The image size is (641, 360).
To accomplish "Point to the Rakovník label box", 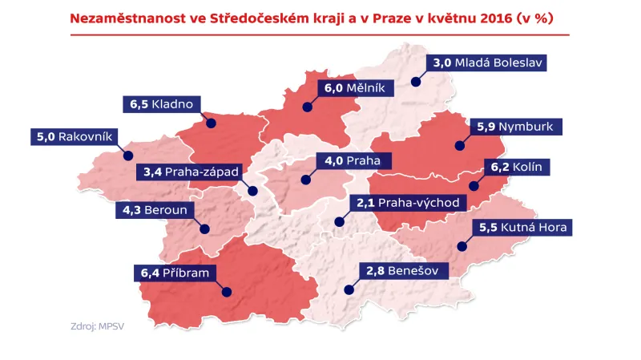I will click(72, 137).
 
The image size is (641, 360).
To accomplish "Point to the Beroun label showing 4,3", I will click(155, 210).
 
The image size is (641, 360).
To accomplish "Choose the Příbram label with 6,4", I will click(173, 273).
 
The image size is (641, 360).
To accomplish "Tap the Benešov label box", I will click(401, 272).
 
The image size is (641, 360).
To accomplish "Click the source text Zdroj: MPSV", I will click(92, 326).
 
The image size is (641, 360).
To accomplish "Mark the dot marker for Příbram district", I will click(225, 293).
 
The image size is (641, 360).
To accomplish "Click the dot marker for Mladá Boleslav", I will click(416, 81).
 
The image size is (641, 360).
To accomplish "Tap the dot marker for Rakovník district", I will click(127, 156).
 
